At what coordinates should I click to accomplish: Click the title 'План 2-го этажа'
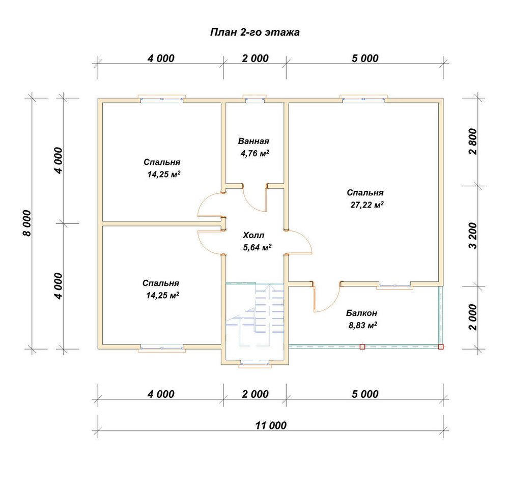(x=255, y=33)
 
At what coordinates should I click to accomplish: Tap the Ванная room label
(x=253, y=141)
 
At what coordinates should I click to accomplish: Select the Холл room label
(x=253, y=235)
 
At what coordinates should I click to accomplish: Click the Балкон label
(x=361, y=313)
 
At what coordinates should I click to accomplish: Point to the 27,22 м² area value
(x=367, y=205)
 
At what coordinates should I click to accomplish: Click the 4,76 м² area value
(x=255, y=153)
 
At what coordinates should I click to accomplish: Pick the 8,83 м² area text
(x=362, y=325)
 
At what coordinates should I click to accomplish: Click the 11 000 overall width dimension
(x=271, y=425)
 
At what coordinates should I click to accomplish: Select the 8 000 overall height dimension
(x=27, y=223)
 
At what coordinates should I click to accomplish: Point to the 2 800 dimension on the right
(x=473, y=141)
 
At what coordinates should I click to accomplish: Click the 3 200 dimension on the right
(x=473, y=236)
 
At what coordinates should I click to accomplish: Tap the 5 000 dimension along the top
(x=365, y=59)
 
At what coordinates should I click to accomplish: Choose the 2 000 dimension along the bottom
(x=256, y=394)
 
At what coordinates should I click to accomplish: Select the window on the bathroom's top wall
(x=255, y=99)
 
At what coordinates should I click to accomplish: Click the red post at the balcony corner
(x=441, y=346)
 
